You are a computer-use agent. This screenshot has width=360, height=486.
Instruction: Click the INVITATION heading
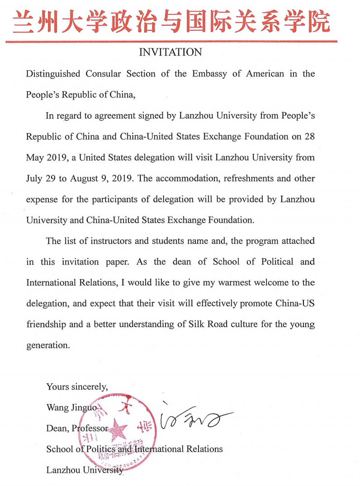click(170, 52)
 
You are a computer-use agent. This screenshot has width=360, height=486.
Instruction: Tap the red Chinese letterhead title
click(171, 21)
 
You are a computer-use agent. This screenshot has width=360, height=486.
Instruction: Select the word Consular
click(103, 74)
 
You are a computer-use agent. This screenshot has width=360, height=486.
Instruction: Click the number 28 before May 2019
click(309, 137)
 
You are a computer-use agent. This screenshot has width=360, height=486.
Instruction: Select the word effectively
click(208, 304)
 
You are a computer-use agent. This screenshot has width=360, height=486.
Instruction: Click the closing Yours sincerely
click(77, 387)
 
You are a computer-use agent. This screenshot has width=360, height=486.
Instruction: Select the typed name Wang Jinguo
click(71, 407)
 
